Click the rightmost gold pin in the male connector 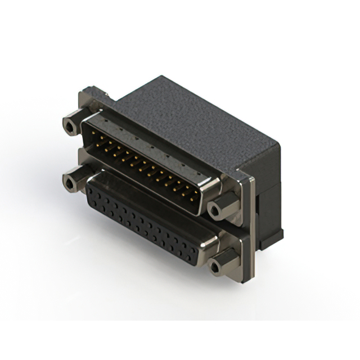195,198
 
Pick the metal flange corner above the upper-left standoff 88,93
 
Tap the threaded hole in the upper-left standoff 69,126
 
